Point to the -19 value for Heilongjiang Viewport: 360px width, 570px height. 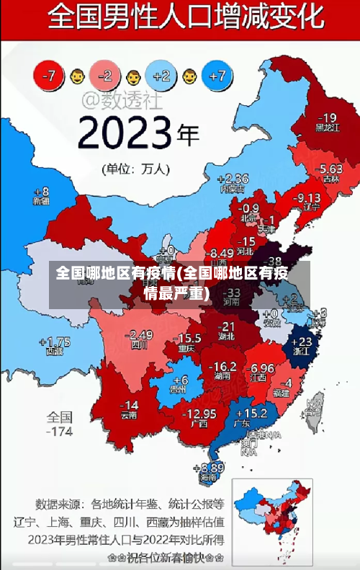point(327,118)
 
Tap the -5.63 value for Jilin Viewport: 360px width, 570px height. point(331,169)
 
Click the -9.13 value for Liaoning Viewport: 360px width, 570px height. point(308,197)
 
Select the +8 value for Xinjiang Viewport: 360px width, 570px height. point(42,192)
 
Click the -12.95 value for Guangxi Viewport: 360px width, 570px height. point(199,413)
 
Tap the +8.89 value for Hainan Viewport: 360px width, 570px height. point(208,468)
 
